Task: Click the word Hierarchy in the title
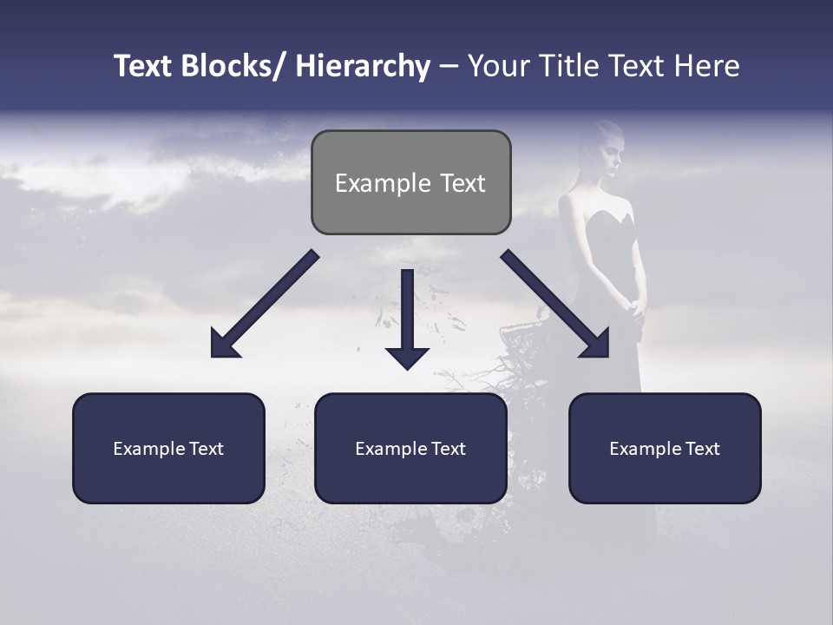(x=363, y=66)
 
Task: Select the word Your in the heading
(x=497, y=66)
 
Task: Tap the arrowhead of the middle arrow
(x=407, y=356)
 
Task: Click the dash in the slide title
(x=449, y=66)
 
